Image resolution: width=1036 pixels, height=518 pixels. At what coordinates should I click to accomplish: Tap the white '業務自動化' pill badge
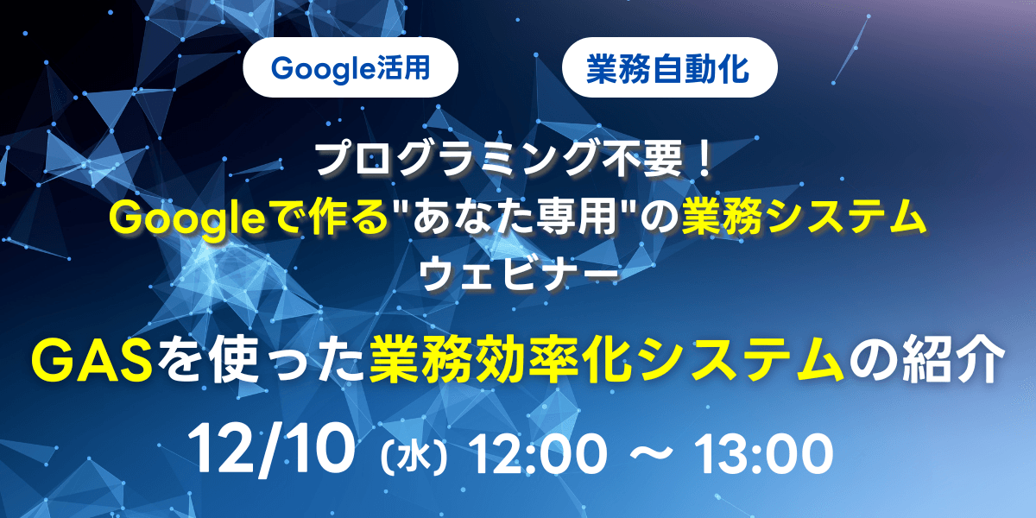pos(669,67)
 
